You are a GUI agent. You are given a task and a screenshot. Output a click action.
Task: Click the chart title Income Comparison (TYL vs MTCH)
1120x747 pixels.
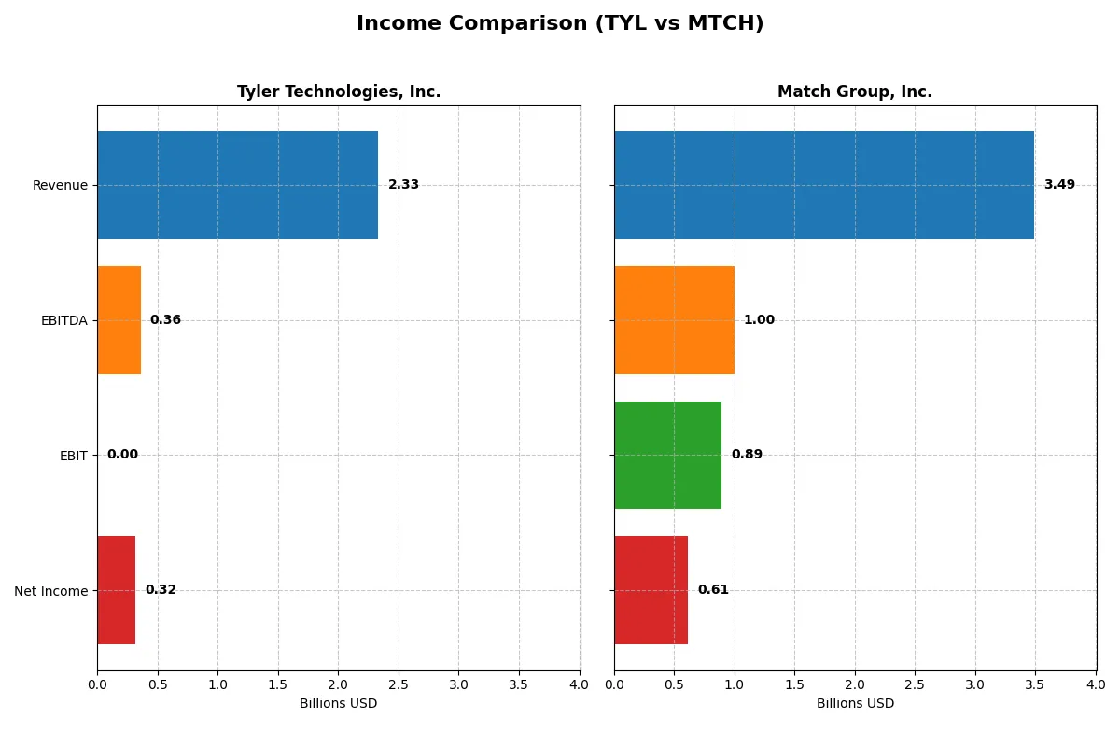560,24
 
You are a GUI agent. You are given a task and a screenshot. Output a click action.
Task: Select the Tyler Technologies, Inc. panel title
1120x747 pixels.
338,92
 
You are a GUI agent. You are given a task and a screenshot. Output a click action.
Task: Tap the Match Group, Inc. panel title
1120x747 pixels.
854,92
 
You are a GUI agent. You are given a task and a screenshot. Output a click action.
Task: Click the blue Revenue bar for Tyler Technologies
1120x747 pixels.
237,185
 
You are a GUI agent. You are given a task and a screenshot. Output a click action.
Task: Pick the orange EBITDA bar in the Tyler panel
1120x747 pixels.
119,320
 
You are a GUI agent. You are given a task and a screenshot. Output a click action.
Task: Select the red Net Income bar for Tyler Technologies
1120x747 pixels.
117,590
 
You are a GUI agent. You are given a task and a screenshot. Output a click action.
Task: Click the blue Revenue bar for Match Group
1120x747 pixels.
823,185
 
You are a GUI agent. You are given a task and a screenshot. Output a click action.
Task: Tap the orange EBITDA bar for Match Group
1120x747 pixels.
674,320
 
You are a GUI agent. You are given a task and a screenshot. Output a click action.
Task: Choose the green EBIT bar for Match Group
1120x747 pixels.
667,455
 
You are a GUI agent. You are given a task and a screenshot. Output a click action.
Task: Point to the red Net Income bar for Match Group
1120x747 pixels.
651,590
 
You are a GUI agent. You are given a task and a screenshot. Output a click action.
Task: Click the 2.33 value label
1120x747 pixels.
403,185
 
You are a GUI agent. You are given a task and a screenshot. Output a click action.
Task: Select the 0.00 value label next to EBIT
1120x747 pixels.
122,455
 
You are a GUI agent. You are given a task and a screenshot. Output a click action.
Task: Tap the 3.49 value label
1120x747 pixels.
1059,185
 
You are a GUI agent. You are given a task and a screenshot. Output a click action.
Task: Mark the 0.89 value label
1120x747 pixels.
747,455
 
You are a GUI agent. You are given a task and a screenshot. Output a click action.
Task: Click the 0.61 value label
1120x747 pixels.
713,590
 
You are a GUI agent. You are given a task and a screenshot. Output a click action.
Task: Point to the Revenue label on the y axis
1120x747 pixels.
60,185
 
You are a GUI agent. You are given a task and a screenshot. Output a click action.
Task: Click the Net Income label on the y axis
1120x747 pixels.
50,591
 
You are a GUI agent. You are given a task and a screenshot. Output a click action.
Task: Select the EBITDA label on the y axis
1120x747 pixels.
63,320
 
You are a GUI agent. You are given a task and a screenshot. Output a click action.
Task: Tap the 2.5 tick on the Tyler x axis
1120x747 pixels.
399,684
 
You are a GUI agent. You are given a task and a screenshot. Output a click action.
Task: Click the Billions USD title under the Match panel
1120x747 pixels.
855,703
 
